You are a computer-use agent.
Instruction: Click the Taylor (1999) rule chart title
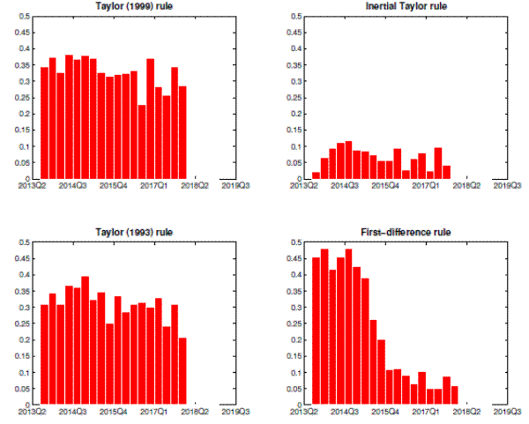point(134,7)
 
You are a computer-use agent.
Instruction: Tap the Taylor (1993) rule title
point(134,232)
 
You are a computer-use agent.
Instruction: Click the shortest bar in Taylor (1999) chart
point(142,142)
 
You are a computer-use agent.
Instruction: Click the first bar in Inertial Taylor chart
point(316,175)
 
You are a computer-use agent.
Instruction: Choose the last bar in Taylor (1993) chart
point(183,371)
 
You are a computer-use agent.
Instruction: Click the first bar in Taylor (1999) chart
point(44,123)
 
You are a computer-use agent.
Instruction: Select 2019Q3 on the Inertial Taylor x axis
point(506,186)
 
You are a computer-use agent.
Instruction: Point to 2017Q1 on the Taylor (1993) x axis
point(154,412)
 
